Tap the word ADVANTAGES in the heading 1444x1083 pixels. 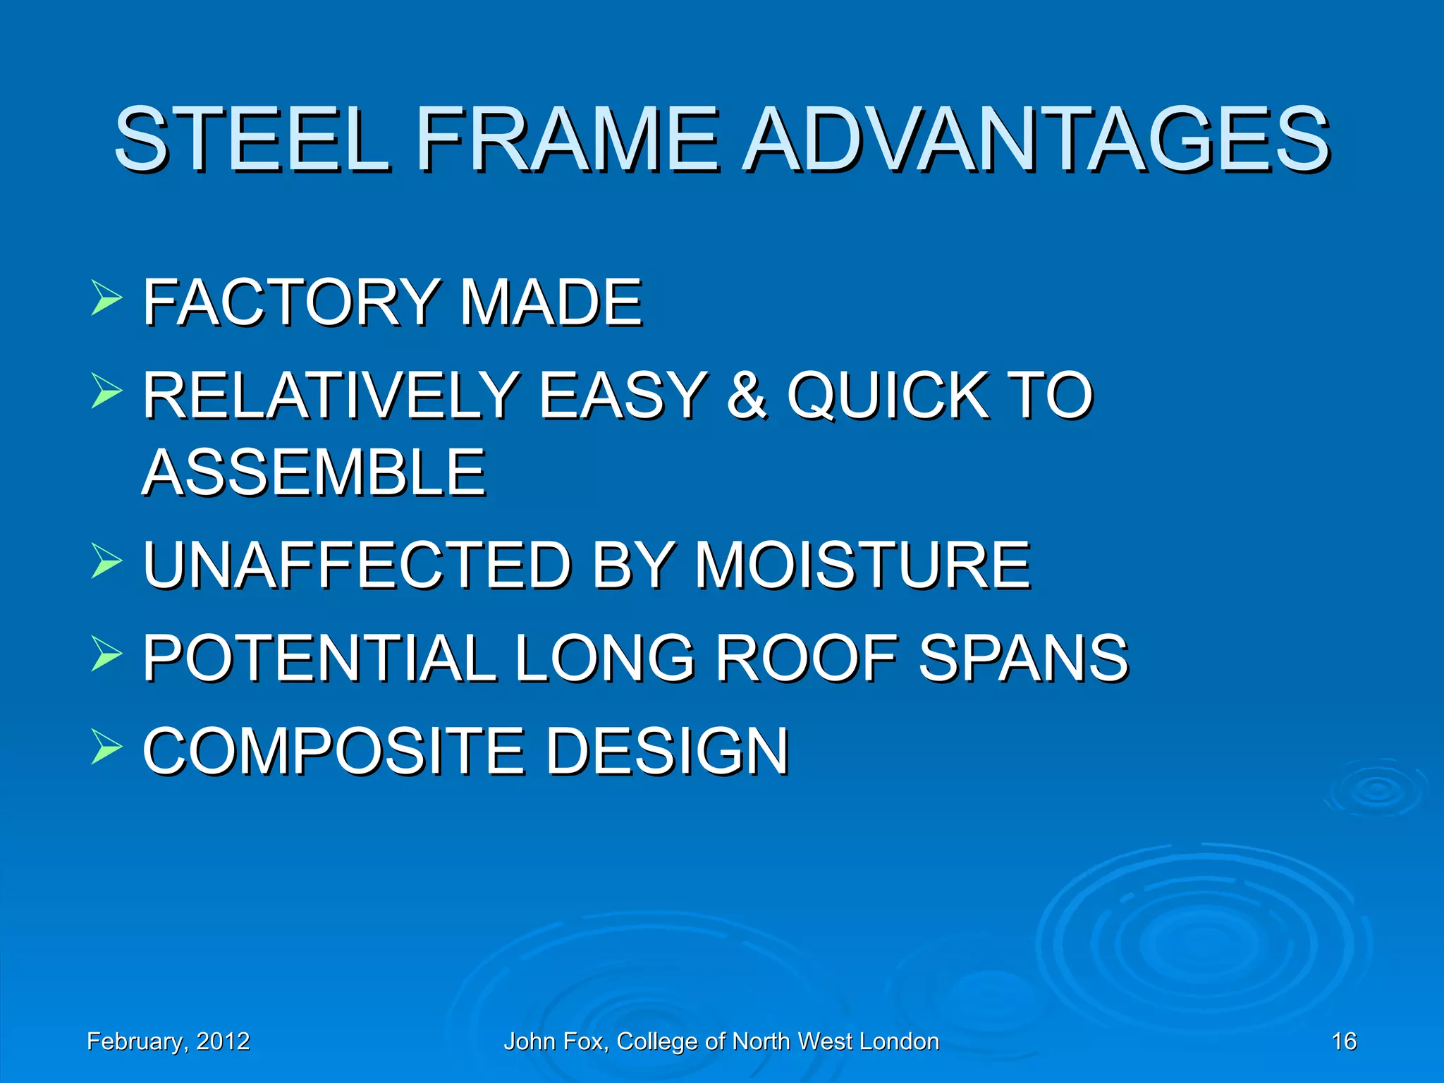(x=1036, y=139)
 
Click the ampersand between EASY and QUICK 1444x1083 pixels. (x=747, y=396)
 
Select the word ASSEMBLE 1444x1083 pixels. (x=314, y=472)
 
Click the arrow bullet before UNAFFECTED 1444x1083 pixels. (x=106, y=561)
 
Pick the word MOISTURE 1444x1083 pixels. (x=862, y=565)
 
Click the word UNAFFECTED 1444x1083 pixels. (x=357, y=565)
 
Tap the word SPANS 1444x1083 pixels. (x=1023, y=658)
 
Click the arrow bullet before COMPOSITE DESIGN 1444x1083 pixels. (x=106, y=747)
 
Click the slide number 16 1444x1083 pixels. (x=1343, y=1041)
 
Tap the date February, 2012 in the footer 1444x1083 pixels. (x=168, y=1041)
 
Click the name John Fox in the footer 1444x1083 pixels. (x=554, y=1041)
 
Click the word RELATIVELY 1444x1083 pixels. (x=331, y=396)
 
